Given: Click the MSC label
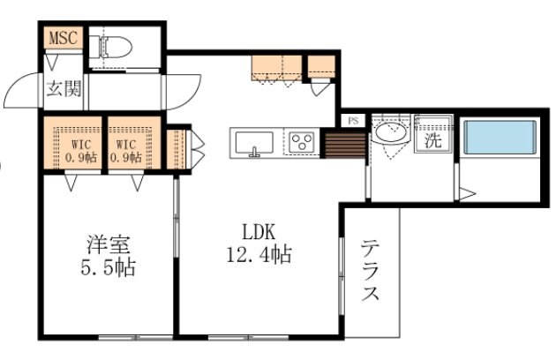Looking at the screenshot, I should (63, 38).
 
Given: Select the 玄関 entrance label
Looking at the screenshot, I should (64, 88).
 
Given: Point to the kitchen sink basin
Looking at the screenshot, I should (255, 142).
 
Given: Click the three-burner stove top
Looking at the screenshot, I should (301, 142).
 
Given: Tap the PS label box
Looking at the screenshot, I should (352, 121).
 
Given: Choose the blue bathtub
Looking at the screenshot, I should (500, 138).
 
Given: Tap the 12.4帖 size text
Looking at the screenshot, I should (260, 256).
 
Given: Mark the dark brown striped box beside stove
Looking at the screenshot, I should (337, 143).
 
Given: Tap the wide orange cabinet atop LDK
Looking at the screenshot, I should (275, 67).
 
